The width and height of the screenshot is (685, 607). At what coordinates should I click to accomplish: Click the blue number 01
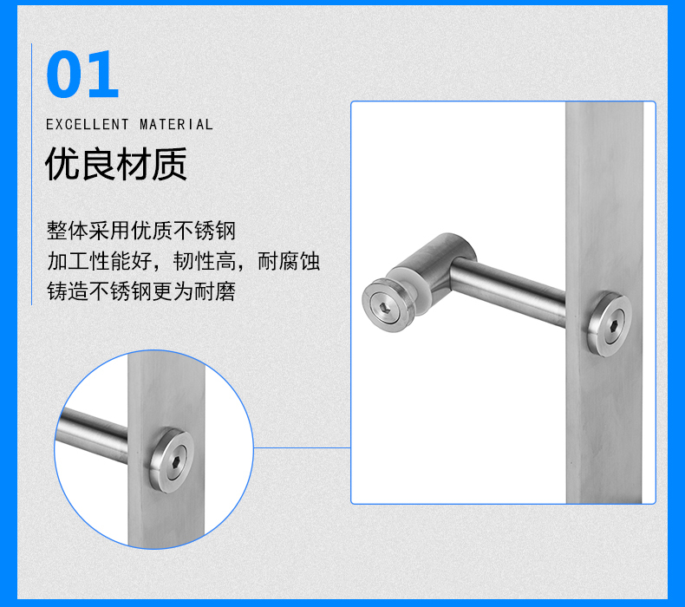(x=82, y=74)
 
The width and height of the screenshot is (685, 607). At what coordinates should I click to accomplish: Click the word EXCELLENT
(x=88, y=125)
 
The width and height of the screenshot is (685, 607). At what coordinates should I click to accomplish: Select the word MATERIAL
(x=176, y=125)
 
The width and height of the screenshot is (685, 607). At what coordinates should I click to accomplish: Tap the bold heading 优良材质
(x=116, y=164)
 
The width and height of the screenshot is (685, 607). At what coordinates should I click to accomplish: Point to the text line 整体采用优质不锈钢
(x=141, y=231)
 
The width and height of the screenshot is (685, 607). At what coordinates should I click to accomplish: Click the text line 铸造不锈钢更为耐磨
(x=141, y=291)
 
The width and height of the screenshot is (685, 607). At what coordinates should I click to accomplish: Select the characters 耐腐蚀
(x=289, y=261)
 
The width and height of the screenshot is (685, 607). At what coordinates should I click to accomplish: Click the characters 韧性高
(x=205, y=261)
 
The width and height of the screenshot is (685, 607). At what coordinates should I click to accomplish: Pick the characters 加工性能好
(x=99, y=261)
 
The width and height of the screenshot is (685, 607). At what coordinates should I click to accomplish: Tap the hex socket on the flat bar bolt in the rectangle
(x=614, y=323)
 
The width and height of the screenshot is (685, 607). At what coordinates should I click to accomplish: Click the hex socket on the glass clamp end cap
(x=384, y=307)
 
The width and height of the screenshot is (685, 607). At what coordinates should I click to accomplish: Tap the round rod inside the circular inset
(x=92, y=434)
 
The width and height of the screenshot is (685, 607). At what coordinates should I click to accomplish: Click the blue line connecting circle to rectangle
(x=303, y=447)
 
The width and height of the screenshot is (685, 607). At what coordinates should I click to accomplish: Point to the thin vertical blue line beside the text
(x=31, y=174)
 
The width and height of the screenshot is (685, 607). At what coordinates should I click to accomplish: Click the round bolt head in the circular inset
(x=172, y=460)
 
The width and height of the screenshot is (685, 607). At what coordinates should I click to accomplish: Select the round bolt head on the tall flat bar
(x=609, y=323)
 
